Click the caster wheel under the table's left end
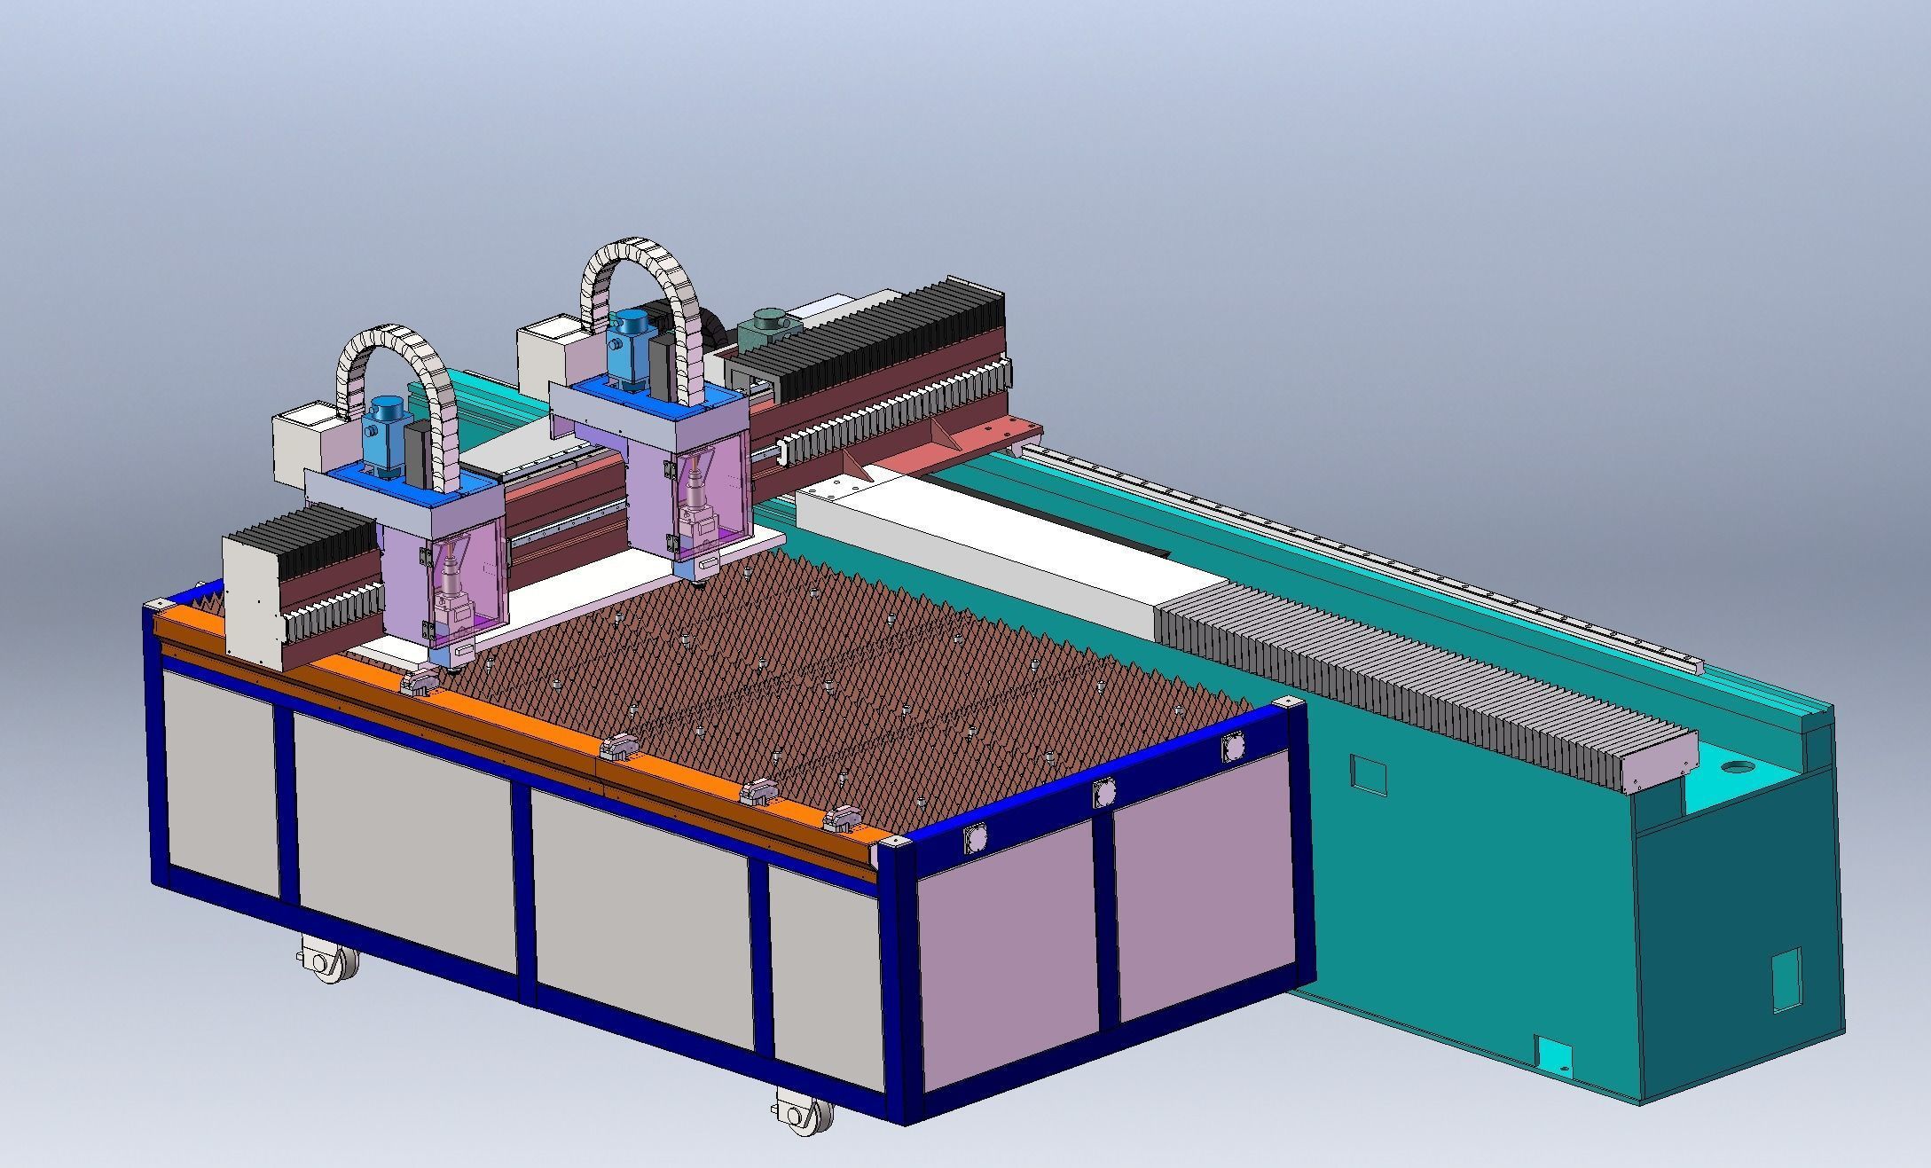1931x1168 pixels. pos(329,961)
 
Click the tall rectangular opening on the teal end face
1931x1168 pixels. pos(1786,979)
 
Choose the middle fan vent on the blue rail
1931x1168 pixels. pos(1103,792)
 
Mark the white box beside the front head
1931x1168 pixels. pos(303,442)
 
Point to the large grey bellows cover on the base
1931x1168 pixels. pos(1419,683)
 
